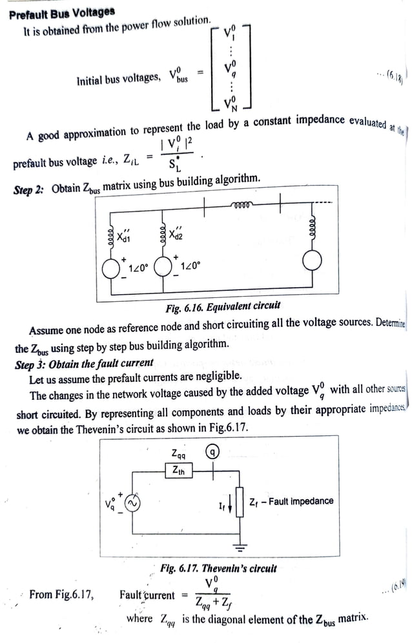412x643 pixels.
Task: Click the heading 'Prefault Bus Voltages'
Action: click(x=62, y=12)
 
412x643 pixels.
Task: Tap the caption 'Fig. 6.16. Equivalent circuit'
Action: click(x=223, y=306)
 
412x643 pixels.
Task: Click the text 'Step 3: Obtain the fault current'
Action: click(x=84, y=363)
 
